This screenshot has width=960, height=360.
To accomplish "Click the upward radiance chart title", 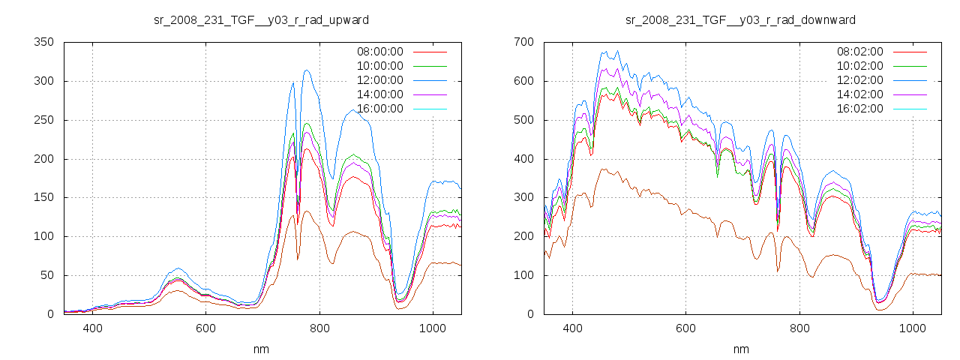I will [x=261, y=19].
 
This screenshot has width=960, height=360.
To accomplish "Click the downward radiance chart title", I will [x=740, y=19].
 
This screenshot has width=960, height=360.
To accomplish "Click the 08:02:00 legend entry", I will [x=859, y=52].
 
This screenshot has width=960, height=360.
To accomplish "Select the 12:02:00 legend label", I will [x=859, y=80].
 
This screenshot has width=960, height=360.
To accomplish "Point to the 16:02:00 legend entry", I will [x=859, y=109].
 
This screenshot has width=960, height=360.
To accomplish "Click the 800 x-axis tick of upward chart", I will [x=319, y=328].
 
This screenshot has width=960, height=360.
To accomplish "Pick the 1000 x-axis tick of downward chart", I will [x=913, y=328].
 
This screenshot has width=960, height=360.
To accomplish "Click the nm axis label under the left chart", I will [x=261, y=349].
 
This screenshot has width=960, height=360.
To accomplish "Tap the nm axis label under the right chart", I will [x=741, y=349].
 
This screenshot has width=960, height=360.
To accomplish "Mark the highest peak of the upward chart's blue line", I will [x=307, y=70].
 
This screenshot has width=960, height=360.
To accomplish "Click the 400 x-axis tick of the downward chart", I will [x=572, y=328].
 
